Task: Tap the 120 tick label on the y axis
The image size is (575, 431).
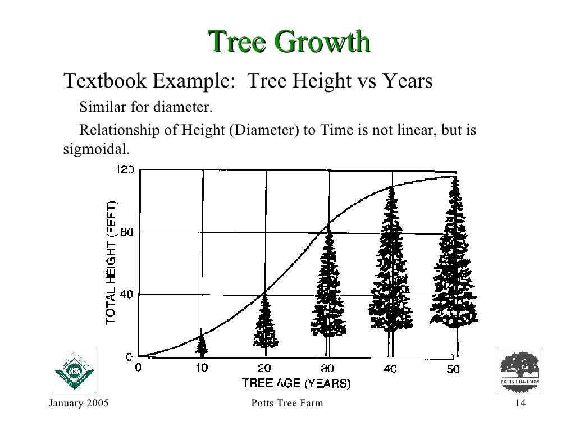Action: pyautogui.click(x=125, y=169)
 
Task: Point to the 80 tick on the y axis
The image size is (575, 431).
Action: pyautogui.click(x=127, y=232)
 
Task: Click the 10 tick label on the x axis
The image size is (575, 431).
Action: pyautogui.click(x=202, y=369)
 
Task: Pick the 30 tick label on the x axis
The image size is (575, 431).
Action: pyautogui.click(x=327, y=369)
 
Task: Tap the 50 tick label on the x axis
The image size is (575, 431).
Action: pyautogui.click(x=453, y=369)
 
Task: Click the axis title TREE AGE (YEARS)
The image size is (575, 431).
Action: pyautogui.click(x=296, y=384)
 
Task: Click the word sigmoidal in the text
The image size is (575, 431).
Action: pyautogui.click(x=95, y=150)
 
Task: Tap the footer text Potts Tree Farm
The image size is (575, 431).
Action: pyautogui.click(x=288, y=405)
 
